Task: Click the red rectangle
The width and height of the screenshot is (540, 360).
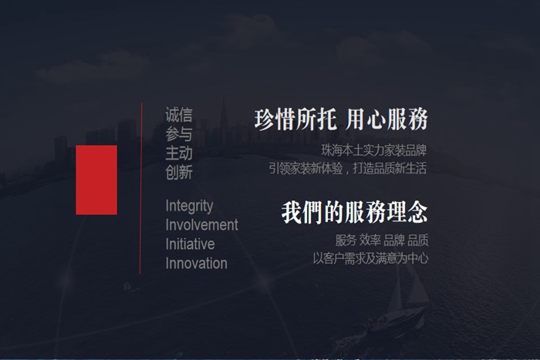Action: [x=96, y=180]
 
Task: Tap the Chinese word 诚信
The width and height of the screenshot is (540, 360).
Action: [x=179, y=116]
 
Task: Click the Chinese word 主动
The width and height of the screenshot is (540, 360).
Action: [x=179, y=153]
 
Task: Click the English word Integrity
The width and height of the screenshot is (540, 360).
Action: [x=189, y=207]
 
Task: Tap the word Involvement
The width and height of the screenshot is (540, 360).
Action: [x=201, y=225]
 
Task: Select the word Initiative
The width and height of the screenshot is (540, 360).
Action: [x=190, y=244]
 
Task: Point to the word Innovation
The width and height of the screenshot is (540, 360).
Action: [x=196, y=264]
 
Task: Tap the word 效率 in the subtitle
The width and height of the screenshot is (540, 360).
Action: [x=370, y=240]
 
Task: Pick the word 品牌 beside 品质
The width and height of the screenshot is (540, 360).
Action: [x=394, y=240]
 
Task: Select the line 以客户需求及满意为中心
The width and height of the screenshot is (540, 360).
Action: [x=370, y=258]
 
